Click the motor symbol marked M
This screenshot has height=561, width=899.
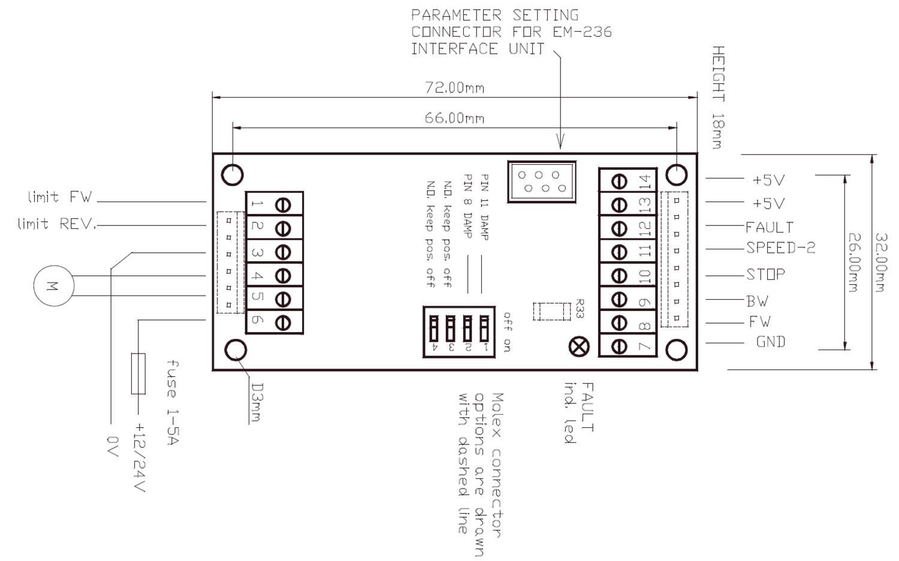53,286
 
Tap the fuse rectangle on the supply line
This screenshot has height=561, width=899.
138,374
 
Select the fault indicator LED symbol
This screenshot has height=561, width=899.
578,346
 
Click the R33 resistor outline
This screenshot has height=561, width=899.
551,312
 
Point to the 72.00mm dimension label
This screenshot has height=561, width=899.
455,88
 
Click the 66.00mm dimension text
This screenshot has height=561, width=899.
455,118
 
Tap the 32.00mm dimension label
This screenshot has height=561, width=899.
880,262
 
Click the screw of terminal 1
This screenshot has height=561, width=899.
283,205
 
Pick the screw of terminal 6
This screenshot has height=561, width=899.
283,322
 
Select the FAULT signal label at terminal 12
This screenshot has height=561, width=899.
770,227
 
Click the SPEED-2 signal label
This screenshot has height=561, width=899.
780,248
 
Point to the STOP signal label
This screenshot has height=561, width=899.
765,275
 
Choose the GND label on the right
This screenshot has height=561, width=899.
771,342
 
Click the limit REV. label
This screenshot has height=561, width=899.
56,224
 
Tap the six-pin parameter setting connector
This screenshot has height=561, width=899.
541,181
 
